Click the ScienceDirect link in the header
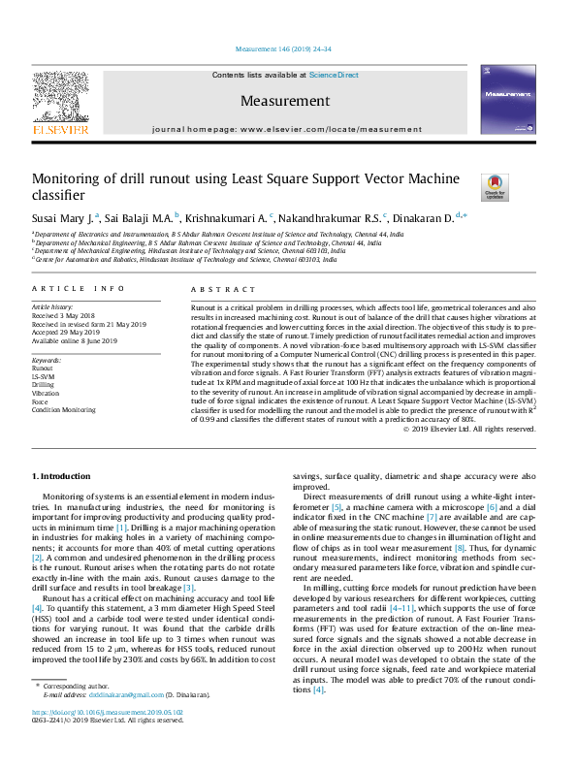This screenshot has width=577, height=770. pos(334,75)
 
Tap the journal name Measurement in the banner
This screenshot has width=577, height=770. pos(284,101)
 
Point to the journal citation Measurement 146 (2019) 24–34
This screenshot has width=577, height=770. pos(284,48)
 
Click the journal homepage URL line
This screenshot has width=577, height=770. pos(287,129)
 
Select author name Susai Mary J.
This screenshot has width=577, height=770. pos(64,218)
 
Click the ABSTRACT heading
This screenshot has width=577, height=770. pos(209,289)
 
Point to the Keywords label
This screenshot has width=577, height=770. pos(47,360)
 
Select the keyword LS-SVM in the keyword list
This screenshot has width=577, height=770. pos(44,376)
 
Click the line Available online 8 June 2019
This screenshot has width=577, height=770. pos(75,341)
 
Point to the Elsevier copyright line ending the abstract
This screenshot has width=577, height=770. pos(481,429)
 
